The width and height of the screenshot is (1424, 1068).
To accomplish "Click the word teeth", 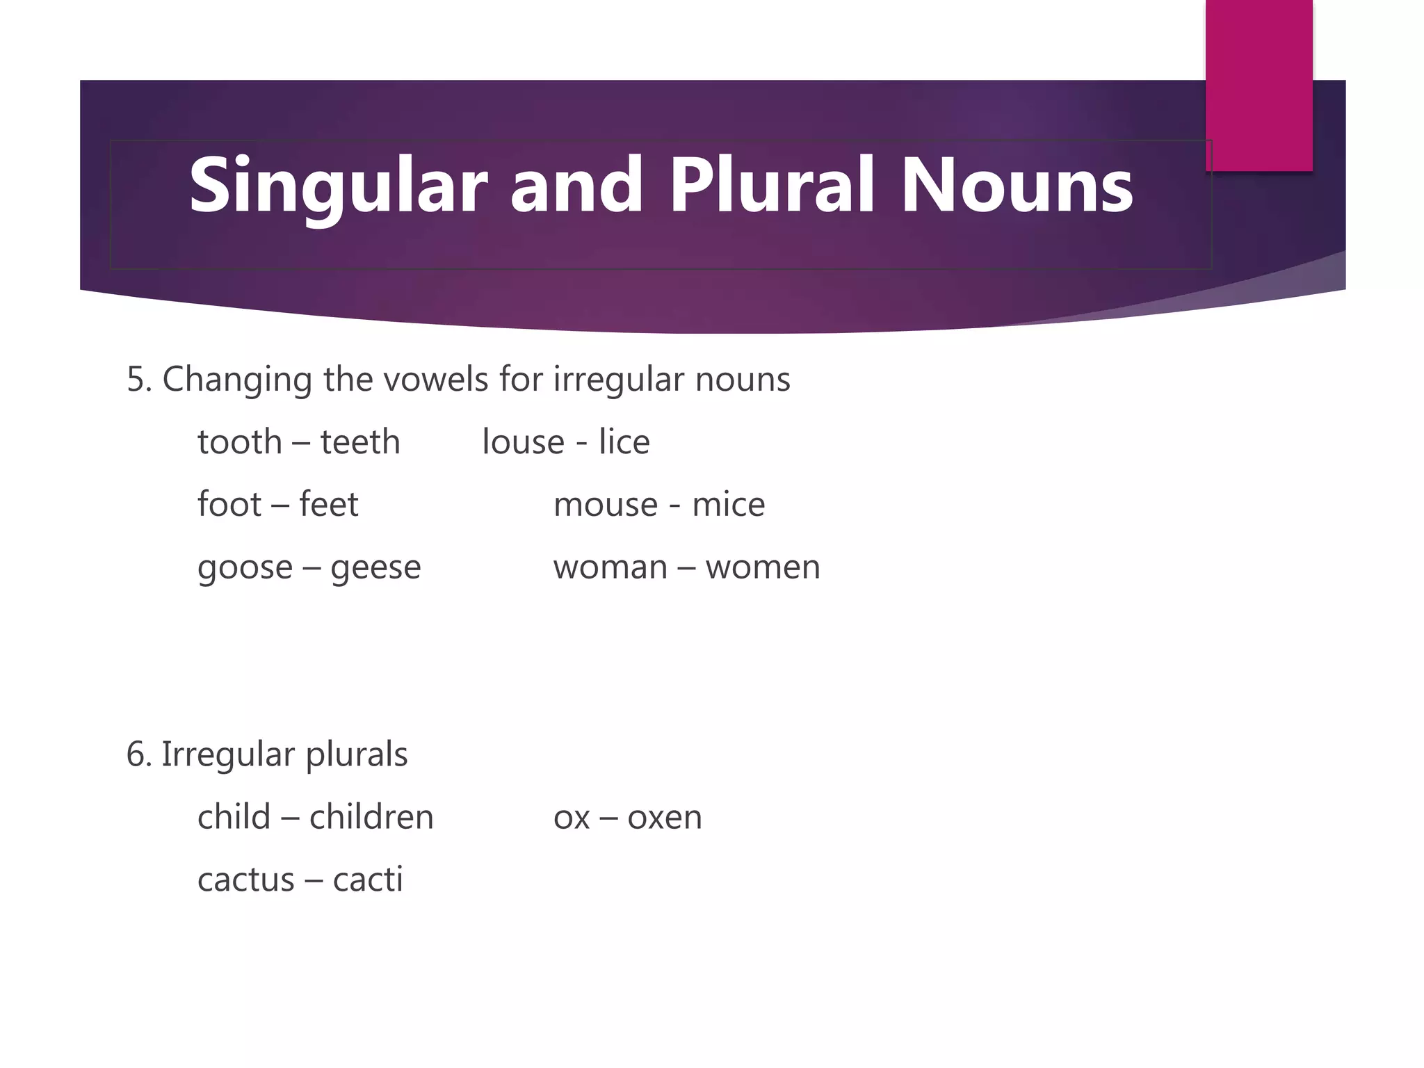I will tap(359, 442).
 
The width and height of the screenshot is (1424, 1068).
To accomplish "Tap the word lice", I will tap(624, 442).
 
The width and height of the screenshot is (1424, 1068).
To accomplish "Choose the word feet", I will tap(328, 504).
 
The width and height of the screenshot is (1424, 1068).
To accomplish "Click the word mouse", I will tap(605, 504).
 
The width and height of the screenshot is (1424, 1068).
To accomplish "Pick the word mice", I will tap(728, 504).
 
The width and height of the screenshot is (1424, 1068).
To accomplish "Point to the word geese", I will tap(375, 568).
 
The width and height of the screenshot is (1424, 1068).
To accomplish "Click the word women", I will tap(762, 567).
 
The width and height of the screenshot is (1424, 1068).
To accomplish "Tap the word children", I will tap(371, 817).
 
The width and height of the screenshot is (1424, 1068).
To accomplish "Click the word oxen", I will tap(664, 818).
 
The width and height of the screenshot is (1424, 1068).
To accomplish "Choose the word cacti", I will tap(367, 880).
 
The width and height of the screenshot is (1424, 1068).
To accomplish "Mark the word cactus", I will tap(246, 880).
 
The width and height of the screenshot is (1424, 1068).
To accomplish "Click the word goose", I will tap(245, 568).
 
